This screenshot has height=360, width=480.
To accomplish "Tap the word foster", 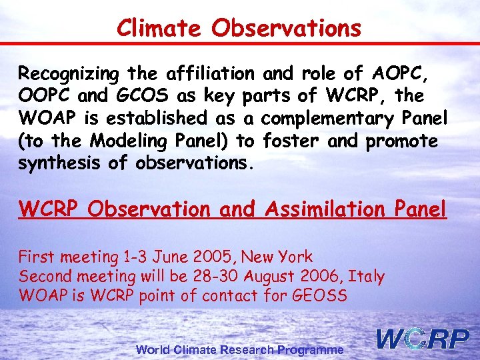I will click(x=291, y=141).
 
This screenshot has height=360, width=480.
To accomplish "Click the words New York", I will click(x=277, y=257).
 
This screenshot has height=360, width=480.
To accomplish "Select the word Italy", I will click(x=368, y=276).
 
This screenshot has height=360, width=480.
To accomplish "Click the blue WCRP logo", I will click(x=423, y=339).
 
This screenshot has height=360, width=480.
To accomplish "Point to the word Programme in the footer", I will click(x=311, y=349).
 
